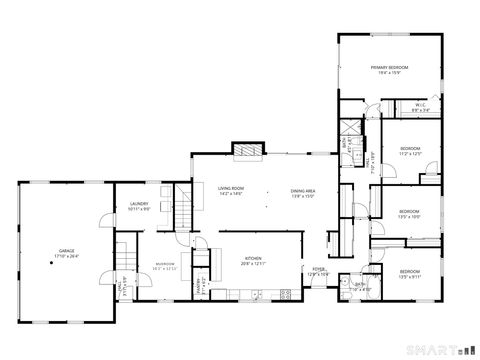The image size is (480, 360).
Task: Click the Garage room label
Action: tap(66, 250)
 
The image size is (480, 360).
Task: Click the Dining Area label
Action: tap(303, 190)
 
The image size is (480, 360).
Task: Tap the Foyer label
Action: tap(319, 268)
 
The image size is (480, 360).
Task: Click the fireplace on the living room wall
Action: tap(245, 150)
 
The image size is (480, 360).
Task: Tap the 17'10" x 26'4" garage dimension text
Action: tap(66, 256)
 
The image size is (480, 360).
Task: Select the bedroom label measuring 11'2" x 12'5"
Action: tap(410, 149)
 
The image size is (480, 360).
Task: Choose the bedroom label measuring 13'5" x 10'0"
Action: tap(409, 211)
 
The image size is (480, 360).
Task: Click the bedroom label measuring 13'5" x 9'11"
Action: tap(410, 271)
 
